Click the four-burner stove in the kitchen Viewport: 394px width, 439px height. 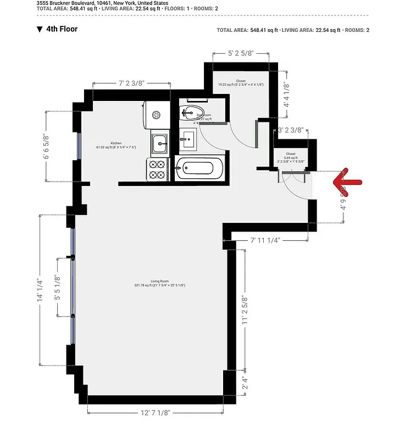[157, 168]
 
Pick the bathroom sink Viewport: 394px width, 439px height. [188, 139]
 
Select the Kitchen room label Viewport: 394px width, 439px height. [116, 144]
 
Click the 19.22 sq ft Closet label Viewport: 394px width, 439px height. [241, 83]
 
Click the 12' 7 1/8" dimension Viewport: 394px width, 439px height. [156, 413]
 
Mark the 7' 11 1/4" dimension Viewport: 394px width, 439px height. [265, 240]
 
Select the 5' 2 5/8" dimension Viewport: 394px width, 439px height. [241, 53]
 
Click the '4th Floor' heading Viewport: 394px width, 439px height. [62, 29]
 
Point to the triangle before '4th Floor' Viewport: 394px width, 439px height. [40, 29]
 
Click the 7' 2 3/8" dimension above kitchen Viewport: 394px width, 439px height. [131, 83]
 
